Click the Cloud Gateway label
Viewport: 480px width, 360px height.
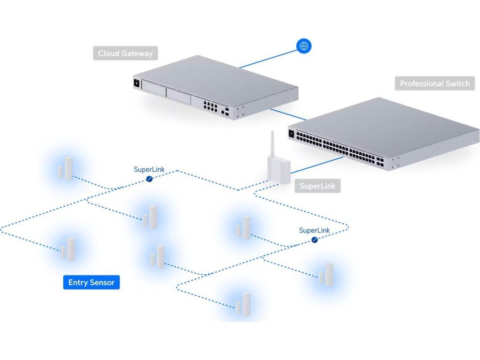pyautogui.click(x=125, y=53)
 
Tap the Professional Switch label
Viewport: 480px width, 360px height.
pyautogui.click(x=435, y=83)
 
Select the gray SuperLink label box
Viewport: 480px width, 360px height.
pyautogui.click(x=317, y=186)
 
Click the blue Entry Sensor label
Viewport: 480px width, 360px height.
pyautogui.click(x=91, y=282)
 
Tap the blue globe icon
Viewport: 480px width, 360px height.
pyautogui.click(x=304, y=46)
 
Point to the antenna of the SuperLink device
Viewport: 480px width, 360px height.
pyautogui.click(x=272, y=143)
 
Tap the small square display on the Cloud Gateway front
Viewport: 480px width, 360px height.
pyautogui.click(x=136, y=83)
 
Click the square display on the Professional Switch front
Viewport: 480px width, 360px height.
pyautogui.click(x=291, y=134)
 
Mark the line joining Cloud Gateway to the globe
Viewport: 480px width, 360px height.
pyautogui.click(x=268, y=59)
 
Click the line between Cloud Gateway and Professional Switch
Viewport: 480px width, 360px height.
pyautogui.click(x=288, y=114)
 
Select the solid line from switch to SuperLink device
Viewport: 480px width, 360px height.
pyautogui.click(x=317, y=165)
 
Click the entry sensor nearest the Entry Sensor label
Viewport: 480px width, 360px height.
pyautogui.click(x=68, y=249)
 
